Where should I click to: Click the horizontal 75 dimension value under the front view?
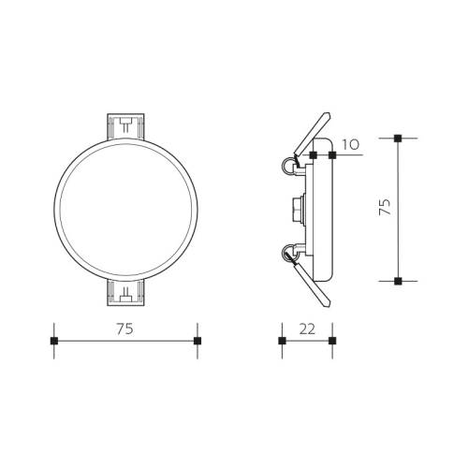coord(125,329)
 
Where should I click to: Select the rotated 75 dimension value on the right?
coord(384,208)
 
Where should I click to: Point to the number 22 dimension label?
coord(307,329)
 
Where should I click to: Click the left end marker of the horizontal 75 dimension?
coord(54,341)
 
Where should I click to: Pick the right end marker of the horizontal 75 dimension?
coord(197,341)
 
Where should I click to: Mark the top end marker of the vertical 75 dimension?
coord(398,138)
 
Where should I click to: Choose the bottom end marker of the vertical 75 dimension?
coord(398,281)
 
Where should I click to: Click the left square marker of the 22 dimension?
coord(282,341)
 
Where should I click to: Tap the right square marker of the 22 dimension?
coord(332,341)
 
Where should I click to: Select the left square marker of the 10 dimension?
coord(313,154)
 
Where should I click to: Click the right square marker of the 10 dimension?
coord(332,154)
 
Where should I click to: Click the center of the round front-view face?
coord(125,209)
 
